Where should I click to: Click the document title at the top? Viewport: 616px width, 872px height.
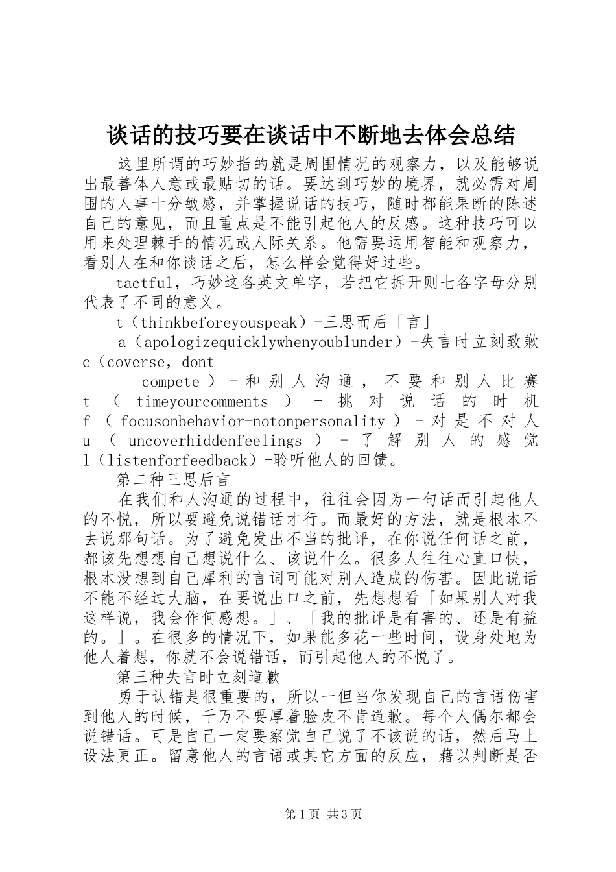[x=311, y=135]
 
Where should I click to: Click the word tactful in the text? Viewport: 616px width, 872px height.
[x=144, y=284]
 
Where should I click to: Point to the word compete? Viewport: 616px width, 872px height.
[x=171, y=381]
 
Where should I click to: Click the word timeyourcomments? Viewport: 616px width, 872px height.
[x=202, y=402]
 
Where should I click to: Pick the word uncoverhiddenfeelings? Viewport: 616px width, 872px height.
[x=215, y=441]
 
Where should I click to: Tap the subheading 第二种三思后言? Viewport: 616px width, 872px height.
[x=173, y=479]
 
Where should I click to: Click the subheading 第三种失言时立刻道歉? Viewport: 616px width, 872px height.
[x=198, y=676]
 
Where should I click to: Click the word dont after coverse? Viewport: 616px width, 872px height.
[x=198, y=361]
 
